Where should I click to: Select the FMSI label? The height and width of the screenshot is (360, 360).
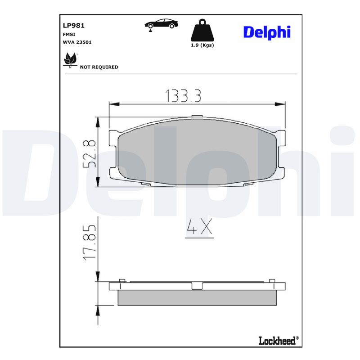69,34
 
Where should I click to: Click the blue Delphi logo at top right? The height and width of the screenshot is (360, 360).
267,32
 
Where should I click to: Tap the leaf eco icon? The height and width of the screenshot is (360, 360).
70,59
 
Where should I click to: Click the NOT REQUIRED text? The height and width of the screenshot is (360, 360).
99,67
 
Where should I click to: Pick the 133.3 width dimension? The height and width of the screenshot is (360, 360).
183,95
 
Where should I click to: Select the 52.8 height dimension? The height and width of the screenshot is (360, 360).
90,153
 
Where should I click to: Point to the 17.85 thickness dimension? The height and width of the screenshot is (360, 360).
90,242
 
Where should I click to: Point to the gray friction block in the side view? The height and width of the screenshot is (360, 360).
196,298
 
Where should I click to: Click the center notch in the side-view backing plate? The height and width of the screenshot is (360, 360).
197,286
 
